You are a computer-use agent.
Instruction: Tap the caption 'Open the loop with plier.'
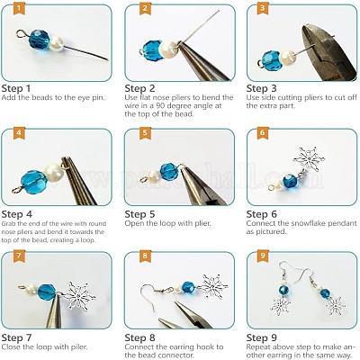point(171,225)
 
